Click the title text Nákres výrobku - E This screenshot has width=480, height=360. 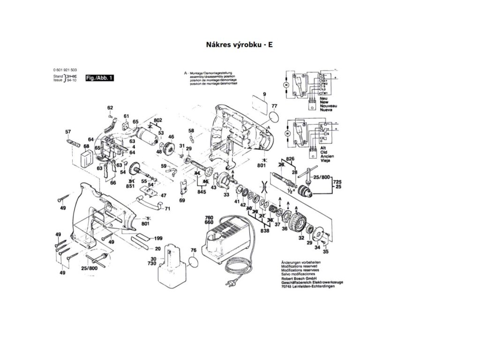pos(239,45)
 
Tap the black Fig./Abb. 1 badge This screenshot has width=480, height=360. pos(99,78)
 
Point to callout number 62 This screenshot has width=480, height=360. pos(110,108)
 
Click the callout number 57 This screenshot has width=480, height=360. pos(68,132)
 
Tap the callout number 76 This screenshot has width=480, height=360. pos(192,250)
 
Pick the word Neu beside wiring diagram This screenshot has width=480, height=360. pos(323,99)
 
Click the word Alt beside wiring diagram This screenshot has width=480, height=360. pos(322,148)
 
